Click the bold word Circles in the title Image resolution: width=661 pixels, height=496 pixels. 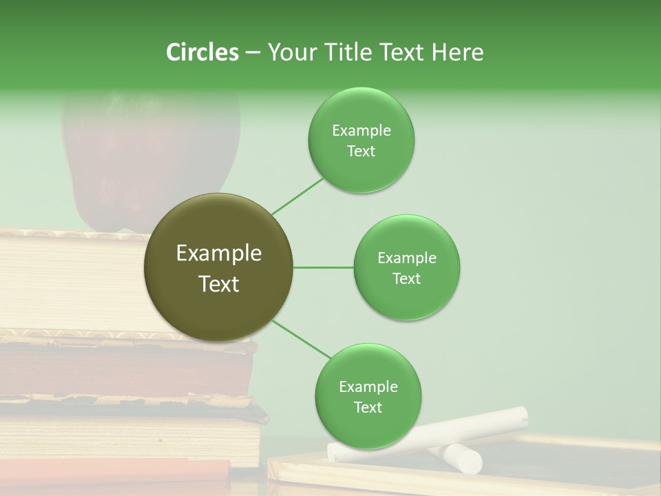coord(202,52)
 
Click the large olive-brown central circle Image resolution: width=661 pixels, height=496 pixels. coord(218,267)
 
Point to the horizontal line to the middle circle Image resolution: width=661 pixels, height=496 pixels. coord(324,267)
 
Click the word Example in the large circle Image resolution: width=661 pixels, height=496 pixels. coord(218,254)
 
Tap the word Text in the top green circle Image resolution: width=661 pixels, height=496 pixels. coord(361,152)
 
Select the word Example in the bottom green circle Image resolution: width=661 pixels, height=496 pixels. coord(368,387)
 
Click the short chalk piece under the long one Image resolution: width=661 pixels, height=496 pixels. coord(461,457)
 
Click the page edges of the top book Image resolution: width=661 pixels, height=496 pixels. coord(69,282)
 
